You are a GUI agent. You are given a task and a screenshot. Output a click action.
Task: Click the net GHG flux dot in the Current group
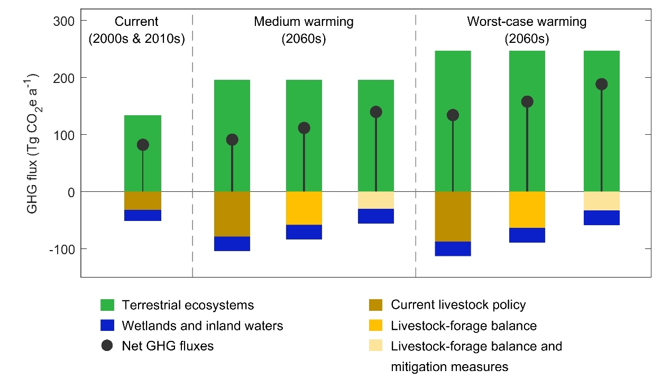pyautogui.click(x=143, y=145)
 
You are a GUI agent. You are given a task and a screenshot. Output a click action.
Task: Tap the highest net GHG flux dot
pyautogui.click(x=602, y=84)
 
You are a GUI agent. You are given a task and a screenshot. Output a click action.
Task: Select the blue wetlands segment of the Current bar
pyautogui.click(x=143, y=215)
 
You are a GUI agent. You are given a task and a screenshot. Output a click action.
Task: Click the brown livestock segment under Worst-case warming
pyautogui.click(x=453, y=216)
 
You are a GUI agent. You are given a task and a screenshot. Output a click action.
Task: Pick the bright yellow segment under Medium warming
pyautogui.click(x=304, y=208)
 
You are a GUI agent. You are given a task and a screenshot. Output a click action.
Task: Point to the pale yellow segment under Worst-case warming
pyautogui.click(x=602, y=201)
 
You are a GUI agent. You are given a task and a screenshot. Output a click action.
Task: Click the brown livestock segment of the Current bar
pyautogui.click(x=143, y=200)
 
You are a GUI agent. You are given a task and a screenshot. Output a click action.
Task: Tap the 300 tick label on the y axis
pyautogui.click(x=62, y=21)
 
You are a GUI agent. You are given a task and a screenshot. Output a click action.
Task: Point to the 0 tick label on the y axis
pyautogui.click(x=70, y=192)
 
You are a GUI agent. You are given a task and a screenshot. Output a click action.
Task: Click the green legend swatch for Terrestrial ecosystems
pyautogui.click(x=107, y=305)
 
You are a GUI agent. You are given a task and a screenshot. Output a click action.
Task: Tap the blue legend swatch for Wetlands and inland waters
pyautogui.click(x=107, y=326)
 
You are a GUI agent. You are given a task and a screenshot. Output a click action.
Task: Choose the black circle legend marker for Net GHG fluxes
pyautogui.click(x=107, y=346)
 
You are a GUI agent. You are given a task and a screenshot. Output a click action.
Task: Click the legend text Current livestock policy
pyautogui.click(x=458, y=305)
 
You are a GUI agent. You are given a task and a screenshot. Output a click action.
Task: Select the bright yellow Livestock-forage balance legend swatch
pyautogui.click(x=376, y=326)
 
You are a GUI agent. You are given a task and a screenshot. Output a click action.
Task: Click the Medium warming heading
pyautogui.click(x=304, y=22)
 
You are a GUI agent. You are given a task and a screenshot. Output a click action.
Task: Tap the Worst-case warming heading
pyautogui.click(x=527, y=22)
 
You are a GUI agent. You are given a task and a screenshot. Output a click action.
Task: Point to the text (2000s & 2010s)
pyautogui.click(x=136, y=39)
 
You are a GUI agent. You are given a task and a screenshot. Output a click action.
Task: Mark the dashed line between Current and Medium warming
pyautogui.click(x=192, y=159)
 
